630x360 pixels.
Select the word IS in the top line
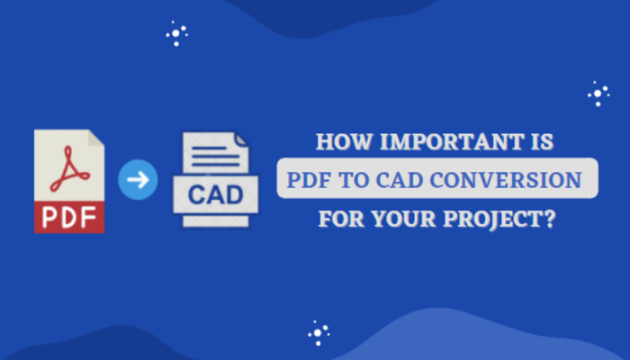[543, 142]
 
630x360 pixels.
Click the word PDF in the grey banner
[309, 180]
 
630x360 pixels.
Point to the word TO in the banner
[355, 180]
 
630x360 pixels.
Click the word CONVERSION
[506, 180]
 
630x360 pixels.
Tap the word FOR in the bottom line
[341, 219]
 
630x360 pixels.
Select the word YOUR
[403, 219]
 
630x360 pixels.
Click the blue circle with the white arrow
[138, 180]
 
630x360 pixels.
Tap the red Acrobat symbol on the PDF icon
[69, 169]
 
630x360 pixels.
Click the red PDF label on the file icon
[69, 217]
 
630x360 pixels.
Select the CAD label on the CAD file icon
[216, 194]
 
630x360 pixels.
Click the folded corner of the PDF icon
[96, 138]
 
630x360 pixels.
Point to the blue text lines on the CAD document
[216, 157]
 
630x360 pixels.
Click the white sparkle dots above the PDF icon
[176, 34]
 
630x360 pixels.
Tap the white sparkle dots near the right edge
[598, 94]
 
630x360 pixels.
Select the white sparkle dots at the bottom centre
[319, 333]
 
